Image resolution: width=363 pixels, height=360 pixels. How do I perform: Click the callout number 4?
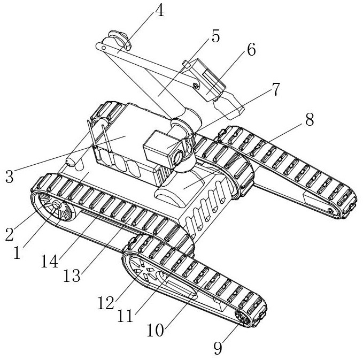click(159, 10)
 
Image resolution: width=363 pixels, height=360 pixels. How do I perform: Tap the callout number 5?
click(215, 36)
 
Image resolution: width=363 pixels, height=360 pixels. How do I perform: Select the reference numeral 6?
click(251, 49)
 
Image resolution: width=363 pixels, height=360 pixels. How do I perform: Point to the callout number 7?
click(275, 89)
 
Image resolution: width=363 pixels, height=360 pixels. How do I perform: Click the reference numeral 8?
click(310, 119)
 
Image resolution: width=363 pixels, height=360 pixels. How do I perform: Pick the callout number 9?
click(218, 348)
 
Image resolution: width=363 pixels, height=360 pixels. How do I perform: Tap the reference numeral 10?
click(156, 330)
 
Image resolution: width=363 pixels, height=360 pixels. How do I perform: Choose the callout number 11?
click(125, 316)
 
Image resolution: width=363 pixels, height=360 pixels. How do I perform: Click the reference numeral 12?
click(106, 303)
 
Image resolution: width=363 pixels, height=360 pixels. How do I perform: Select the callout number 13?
click(72, 275)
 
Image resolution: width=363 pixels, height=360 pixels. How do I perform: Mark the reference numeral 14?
click(49, 262)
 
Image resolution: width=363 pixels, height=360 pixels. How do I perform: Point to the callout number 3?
click(9, 177)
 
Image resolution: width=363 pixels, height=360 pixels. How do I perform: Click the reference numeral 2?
click(10, 234)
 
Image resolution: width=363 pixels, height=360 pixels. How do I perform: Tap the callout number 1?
click(17, 252)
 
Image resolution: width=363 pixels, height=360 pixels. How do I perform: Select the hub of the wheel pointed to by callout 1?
click(57, 205)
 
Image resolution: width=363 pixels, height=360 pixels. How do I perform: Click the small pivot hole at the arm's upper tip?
click(104, 48)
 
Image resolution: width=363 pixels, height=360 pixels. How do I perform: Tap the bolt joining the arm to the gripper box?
click(196, 86)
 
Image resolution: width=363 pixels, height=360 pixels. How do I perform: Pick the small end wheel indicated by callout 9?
click(243, 319)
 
